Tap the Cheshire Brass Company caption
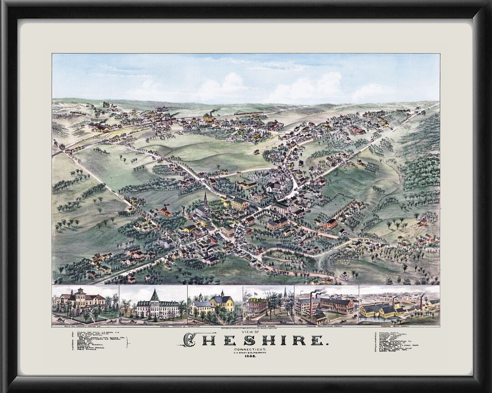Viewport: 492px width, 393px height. (x=399, y=327)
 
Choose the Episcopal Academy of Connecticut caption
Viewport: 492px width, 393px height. (x=153, y=327)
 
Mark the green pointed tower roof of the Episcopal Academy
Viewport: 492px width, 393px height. (x=155, y=296)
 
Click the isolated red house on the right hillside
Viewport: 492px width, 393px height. (x=422, y=222)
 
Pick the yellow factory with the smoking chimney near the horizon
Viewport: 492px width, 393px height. (x=209, y=117)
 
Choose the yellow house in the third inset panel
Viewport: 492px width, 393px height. (x=222, y=302)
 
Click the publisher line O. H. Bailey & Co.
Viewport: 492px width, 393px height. (x=246, y=353)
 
